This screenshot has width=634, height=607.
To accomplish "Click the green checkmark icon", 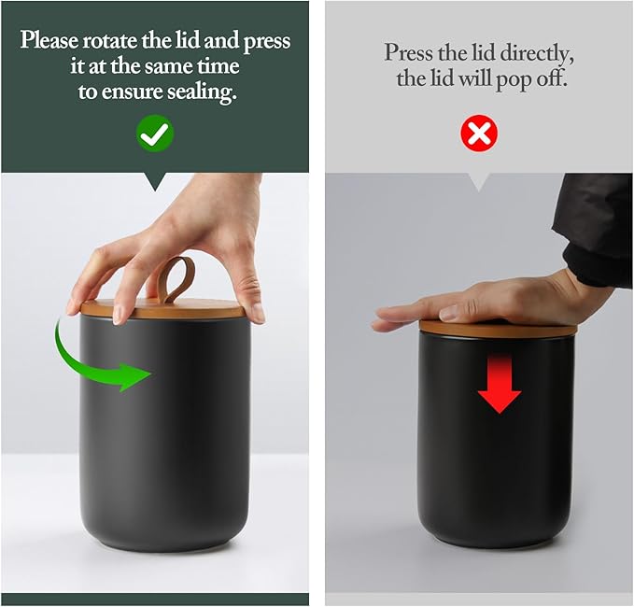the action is tap(155, 134).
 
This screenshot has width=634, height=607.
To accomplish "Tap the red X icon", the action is tap(479, 134).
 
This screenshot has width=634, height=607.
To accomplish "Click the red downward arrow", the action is tap(500, 384).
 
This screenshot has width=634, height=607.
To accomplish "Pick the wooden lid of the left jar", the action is tap(163, 308).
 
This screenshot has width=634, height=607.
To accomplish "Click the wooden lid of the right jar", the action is tap(498, 326).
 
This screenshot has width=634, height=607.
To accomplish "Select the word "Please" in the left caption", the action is tap(49, 41).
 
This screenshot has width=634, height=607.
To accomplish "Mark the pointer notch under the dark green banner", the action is tap(155, 181).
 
